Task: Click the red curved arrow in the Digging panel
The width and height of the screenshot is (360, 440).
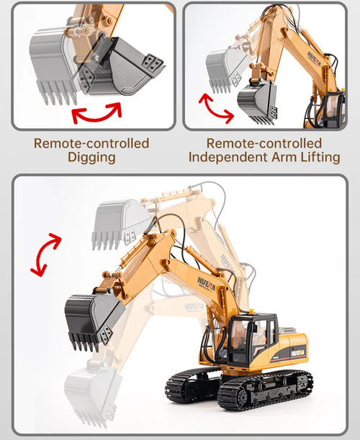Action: click(x=96, y=114)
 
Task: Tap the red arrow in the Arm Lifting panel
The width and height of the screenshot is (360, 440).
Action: click(x=215, y=108)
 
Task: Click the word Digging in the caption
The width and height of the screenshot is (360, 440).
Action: click(x=91, y=157)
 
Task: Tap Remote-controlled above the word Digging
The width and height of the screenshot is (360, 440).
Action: click(x=91, y=143)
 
